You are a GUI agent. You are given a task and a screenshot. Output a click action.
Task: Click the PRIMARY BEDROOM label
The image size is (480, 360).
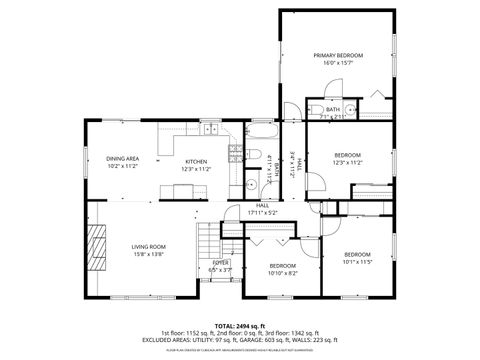click(337, 55)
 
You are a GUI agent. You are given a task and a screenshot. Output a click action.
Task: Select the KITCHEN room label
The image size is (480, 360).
click(195, 162)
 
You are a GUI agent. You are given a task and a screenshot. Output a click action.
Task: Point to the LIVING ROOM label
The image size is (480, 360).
click(148, 246)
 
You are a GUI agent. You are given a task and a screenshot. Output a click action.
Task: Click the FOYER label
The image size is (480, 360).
click(220, 262)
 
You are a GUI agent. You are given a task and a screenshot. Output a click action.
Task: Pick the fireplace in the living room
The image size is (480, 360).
click(97, 246)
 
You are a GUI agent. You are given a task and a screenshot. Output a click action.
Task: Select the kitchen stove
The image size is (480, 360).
click(236, 152)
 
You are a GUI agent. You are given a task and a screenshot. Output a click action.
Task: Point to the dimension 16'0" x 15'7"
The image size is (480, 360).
click(337, 63)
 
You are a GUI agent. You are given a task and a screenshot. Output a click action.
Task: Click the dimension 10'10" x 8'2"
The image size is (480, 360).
click(282, 273)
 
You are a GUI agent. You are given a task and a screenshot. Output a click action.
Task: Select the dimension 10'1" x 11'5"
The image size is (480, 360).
click(357, 261)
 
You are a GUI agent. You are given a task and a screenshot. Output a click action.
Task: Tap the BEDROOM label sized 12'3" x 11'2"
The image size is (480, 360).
click(347, 155)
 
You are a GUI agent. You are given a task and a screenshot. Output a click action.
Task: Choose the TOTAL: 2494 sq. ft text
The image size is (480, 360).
click(240, 325)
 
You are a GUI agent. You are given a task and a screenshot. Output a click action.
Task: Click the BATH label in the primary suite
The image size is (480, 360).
click(332, 109)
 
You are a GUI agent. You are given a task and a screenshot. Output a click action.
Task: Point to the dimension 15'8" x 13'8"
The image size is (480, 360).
click(148, 254)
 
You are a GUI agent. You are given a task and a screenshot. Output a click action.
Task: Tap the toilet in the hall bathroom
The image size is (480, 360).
click(253, 156)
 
